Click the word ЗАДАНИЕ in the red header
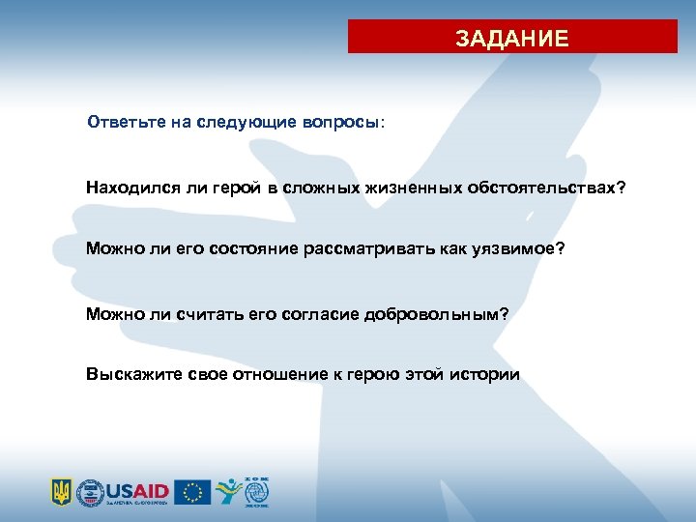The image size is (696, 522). pyautogui.click(x=512, y=39)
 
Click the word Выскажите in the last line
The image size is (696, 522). pyautogui.click(x=126, y=375)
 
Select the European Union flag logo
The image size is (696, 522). pyautogui.click(x=193, y=491)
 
